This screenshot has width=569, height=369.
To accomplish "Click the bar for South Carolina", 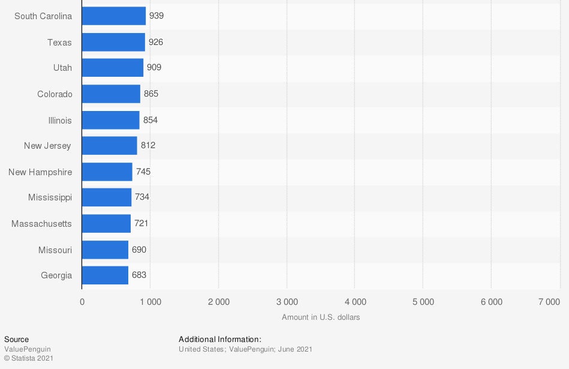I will pyautogui.click(x=113, y=16).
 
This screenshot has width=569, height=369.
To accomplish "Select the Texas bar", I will pyautogui.click(x=113, y=42).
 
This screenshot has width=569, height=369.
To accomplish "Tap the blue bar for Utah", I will pyautogui.click(x=113, y=68).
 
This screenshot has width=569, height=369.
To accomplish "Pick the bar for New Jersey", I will pyautogui.click(x=109, y=146).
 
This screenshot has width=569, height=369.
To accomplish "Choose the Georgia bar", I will pyautogui.click(x=105, y=275).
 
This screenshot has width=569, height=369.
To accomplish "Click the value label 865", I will pyautogui.click(x=151, y=94).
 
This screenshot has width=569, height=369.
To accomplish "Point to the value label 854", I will pyautogui.click(x=150, y=120).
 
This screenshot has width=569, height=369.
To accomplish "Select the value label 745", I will pyautogui.click(x=143, y=172).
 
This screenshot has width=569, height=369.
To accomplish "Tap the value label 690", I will pyautogui.click(x=139, y=250).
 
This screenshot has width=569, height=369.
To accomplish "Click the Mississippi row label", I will pyautogui.click(x=50, y=197).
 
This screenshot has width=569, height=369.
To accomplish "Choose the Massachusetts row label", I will pyautogui.click(x=41, y=224).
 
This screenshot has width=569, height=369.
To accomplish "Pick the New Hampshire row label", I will pyautogui.click(x=40, y=172).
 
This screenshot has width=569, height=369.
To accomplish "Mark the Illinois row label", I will pyautogui.click(x=60, y=121).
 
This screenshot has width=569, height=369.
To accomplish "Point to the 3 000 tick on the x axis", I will pyautogui.click(x=287, y=302).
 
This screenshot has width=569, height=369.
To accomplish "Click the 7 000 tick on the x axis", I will pyautogui.click(x=549, y=302).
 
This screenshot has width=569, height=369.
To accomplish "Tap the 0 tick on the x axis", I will pyautogui.click(x=82, y=302).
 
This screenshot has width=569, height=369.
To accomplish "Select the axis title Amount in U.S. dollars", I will pyautogui.click(x=321, y=317).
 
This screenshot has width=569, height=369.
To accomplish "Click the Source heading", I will pyautogui.click(x=16, y=340).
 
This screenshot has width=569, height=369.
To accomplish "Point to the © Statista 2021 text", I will pyautogui.click(x=29, y=358).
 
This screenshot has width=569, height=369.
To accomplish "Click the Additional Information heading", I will pyautogui.click(x=220, y=340).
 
